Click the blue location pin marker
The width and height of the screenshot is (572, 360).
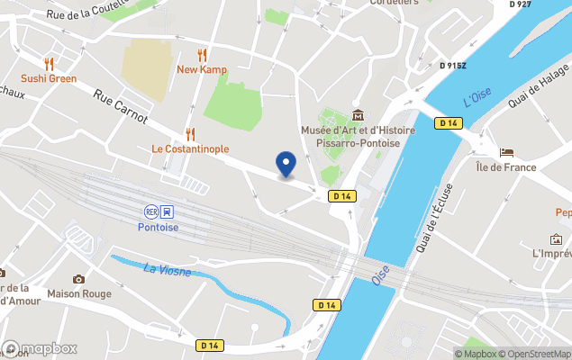[x=286, y=164]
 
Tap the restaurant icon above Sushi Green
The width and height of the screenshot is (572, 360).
[x=50, y=64]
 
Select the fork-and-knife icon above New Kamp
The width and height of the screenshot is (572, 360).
[x=202, y=55]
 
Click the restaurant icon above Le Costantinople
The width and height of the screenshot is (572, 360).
[x=190, y=134]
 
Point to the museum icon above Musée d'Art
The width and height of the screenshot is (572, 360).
[x=359, y=115]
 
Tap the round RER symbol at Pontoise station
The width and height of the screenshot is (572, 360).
[x=150, y=211]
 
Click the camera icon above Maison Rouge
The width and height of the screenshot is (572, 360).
[x=78, y=279]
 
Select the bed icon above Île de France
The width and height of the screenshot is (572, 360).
[x=506, y=152]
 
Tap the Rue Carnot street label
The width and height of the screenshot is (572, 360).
[x=121, y=108]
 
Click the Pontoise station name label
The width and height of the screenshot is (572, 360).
[x=159, y=228]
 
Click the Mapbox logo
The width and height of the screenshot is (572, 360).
[x=41, y=348]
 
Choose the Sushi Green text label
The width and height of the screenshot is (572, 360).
[x=50, y=78]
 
